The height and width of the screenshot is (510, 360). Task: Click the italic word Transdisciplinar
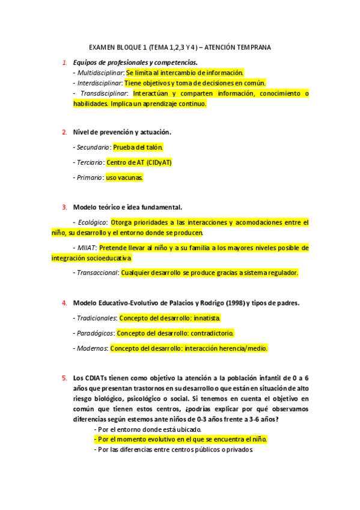click(103, 94)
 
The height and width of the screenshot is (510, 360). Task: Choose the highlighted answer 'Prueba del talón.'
click(138, 147)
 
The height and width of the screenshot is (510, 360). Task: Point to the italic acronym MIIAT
click(86, 248)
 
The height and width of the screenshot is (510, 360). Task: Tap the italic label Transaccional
click(96, 273)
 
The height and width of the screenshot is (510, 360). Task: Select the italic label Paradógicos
click(94, 333)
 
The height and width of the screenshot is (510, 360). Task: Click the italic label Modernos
click(91, 348)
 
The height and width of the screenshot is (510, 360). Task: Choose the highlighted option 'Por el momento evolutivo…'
click(180, 440)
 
